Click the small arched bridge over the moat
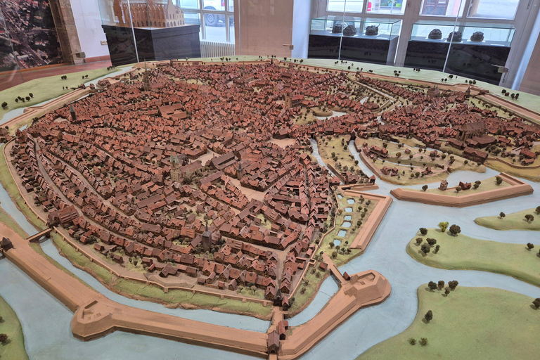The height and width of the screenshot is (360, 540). click(x=39, y=234)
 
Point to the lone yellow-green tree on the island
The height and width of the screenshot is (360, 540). click(x=443, y=226)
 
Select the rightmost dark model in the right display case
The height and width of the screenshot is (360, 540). click(x=477, y=37)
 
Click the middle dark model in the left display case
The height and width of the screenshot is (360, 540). click(x=349, y=30)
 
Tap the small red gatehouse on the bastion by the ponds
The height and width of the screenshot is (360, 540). click(x=444, y=186)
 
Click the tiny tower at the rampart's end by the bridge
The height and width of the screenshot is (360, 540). click(x=7, y=243)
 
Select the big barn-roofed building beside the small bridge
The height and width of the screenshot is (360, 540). click(x=67, y=217)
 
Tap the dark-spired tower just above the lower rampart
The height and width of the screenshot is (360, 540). click(x=207, y=240)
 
